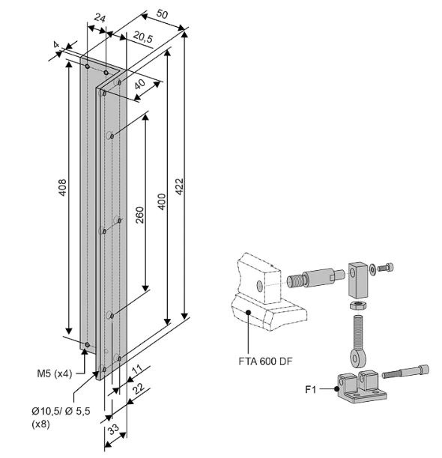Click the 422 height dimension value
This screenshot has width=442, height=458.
click(x=179, y=186)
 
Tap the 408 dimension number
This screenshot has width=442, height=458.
click(x=63, y=188)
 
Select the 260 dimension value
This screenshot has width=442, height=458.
click(x=140, y=215)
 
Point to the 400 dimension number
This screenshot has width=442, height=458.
click(x=161, y=201)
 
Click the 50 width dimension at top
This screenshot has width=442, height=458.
click(x=162, y=13)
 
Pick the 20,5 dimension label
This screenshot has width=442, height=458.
click(x=143, y=37)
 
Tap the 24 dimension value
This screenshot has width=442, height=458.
click(x=100, y=19)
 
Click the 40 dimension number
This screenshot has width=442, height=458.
click(x=140, y=84)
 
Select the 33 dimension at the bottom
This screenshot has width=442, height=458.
click(x=113, y=429)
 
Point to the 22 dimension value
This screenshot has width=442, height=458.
click(x=139, y=388)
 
